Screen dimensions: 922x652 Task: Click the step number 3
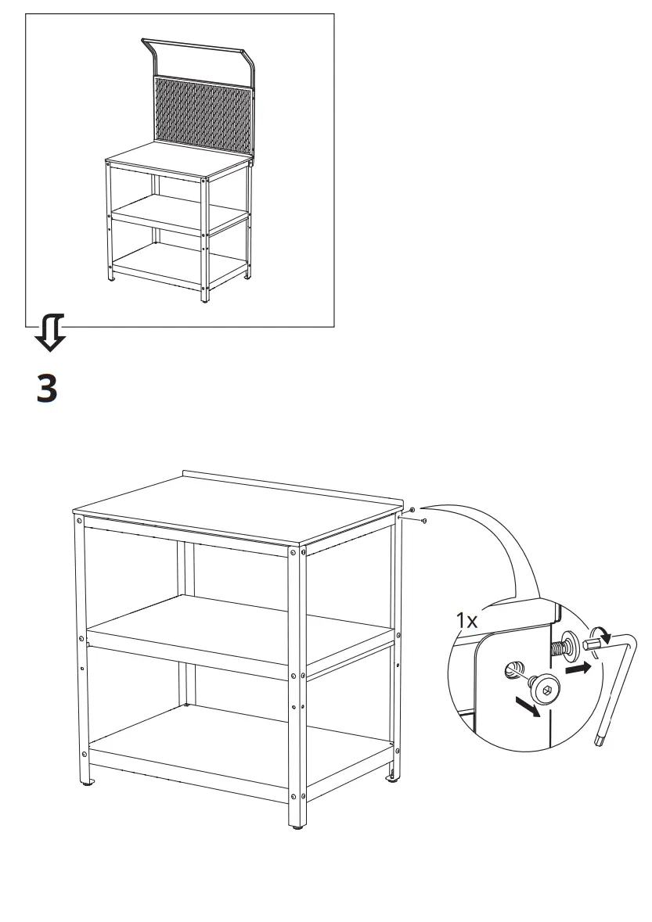tap(47, 388)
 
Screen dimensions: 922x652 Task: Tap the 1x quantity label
tap(468, 622)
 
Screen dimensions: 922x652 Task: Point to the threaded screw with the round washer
tap(567, 646)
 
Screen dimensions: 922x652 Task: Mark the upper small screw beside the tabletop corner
tap(412, 510)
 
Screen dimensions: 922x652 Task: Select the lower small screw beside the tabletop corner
tap(423, 520)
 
